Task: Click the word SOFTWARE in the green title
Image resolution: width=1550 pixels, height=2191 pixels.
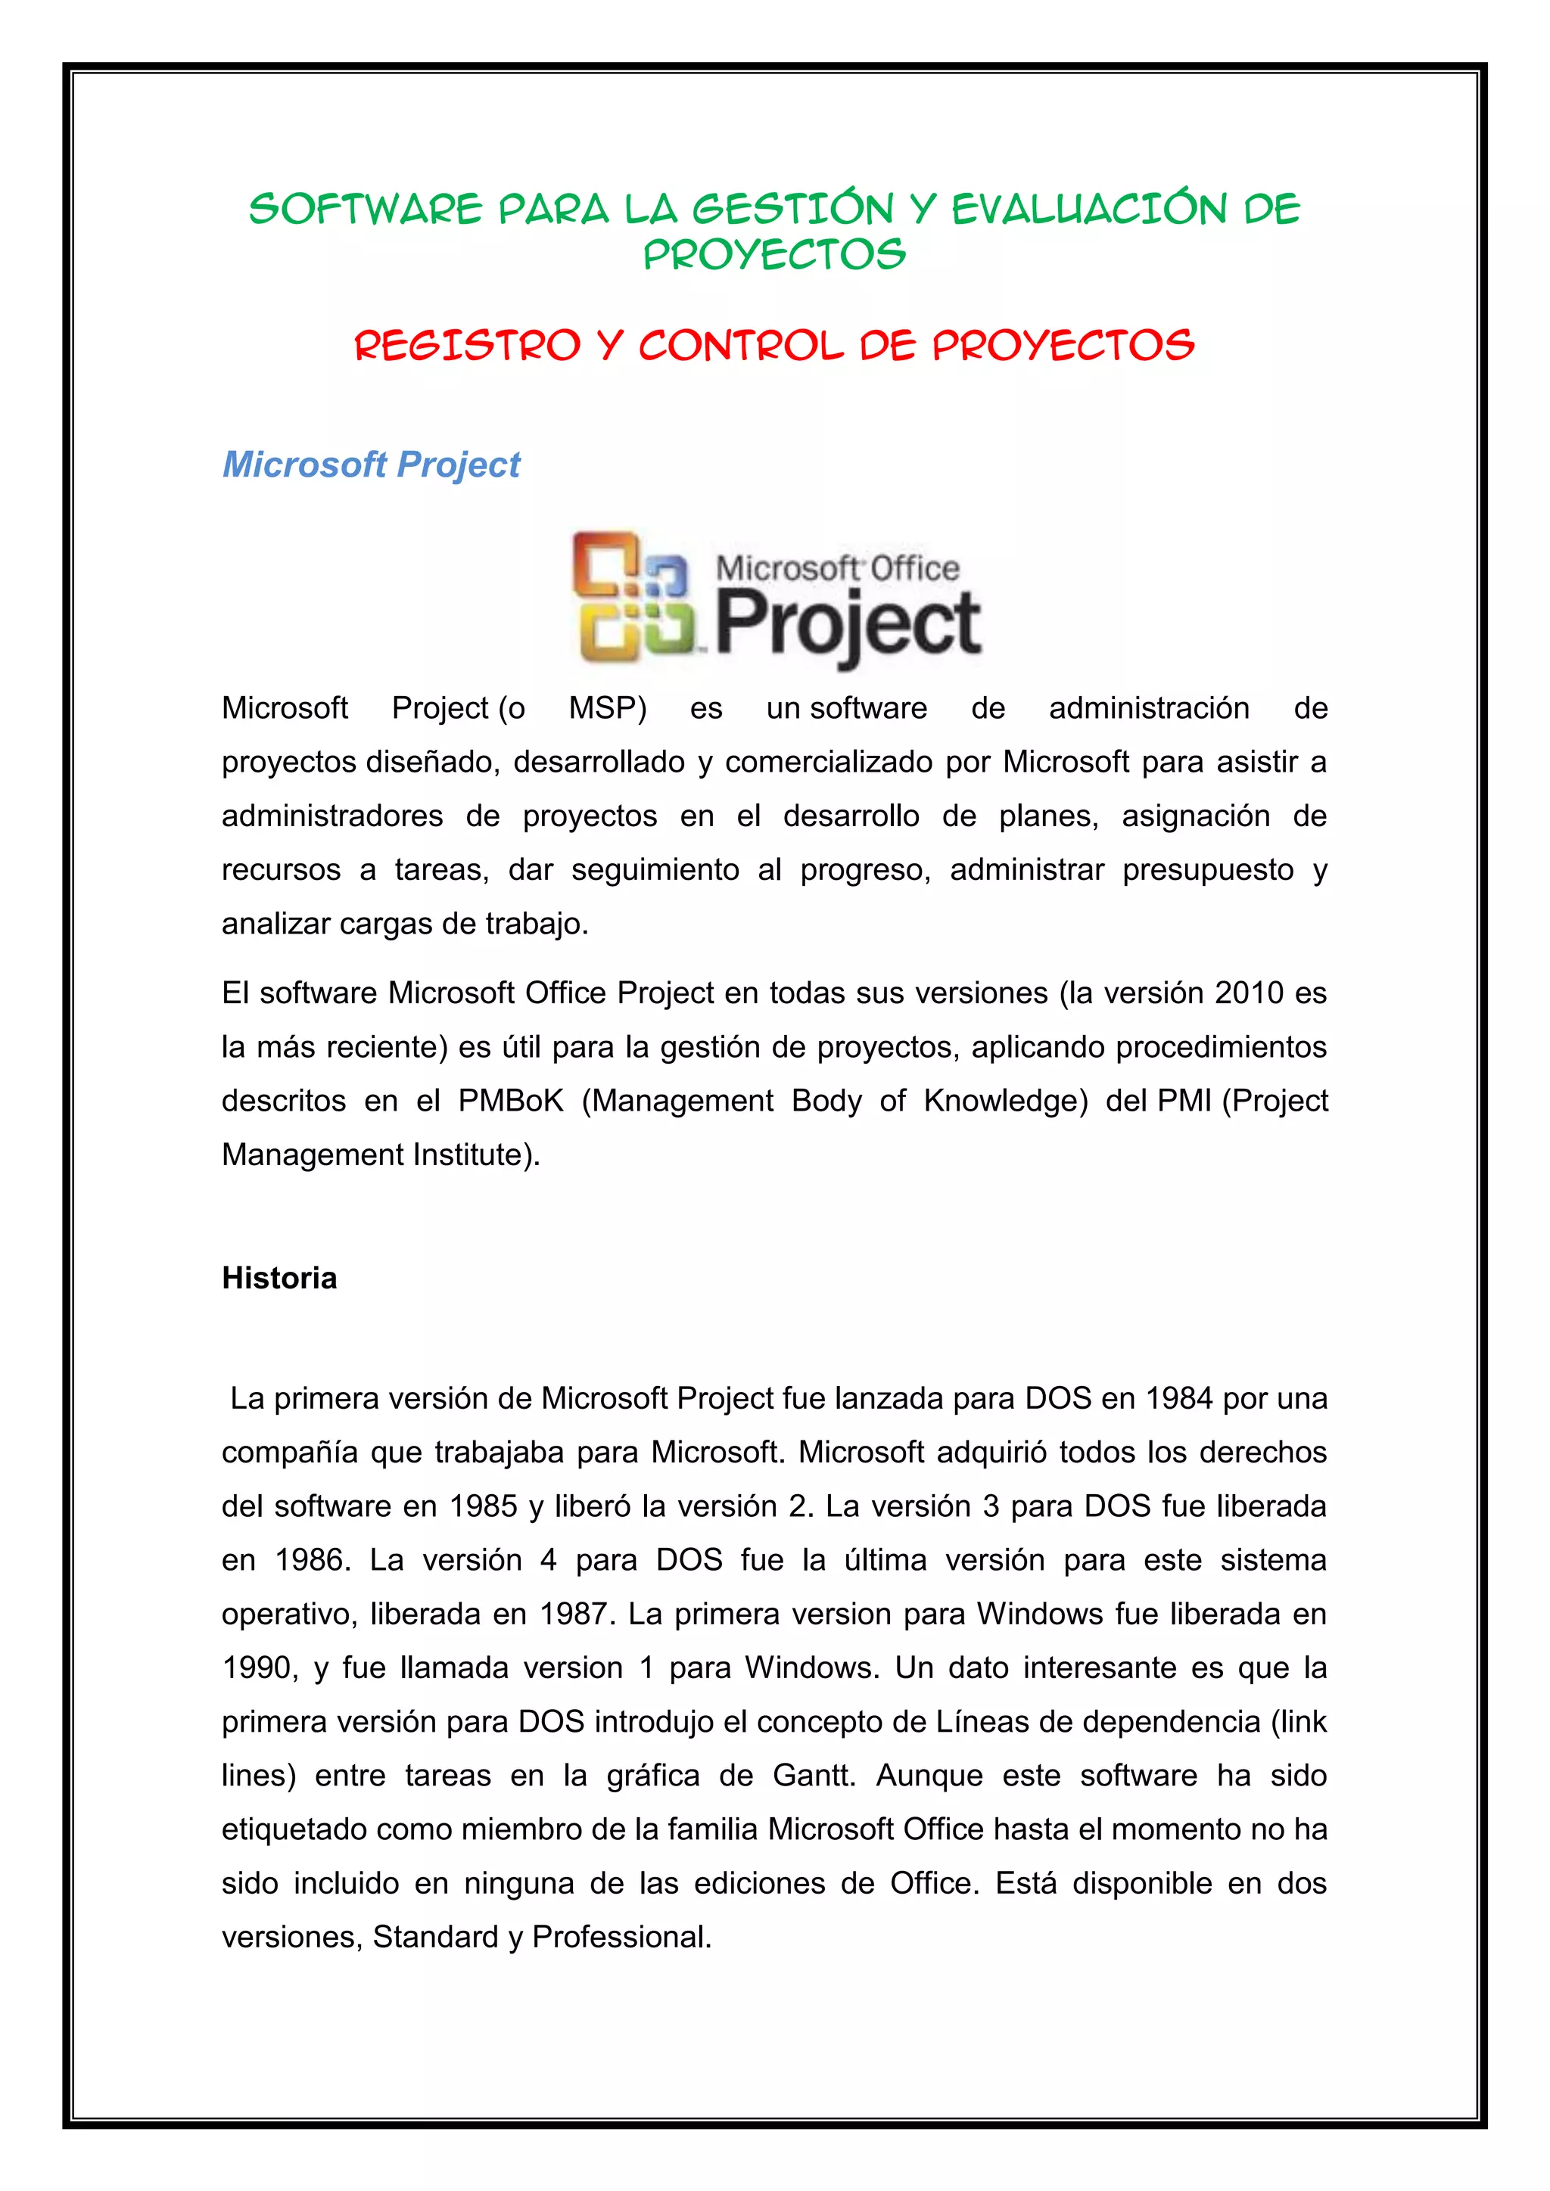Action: coord(366,210)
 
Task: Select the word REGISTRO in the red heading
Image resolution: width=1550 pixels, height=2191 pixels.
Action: coord(467,346)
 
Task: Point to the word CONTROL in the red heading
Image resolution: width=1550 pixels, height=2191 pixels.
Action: coord(741,346)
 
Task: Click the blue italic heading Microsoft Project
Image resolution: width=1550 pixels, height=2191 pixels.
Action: coord(372,465)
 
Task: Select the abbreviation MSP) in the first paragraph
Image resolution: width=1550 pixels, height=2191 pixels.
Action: coord(608,709)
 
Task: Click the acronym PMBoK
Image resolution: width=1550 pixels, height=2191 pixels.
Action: coord(511,1102)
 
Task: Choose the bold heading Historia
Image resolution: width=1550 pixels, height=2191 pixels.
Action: coord(279,1279)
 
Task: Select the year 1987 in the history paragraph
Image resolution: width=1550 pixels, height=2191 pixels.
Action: coord(574,1615)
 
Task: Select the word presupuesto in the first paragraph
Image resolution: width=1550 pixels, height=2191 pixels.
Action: coord(1207,870)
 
